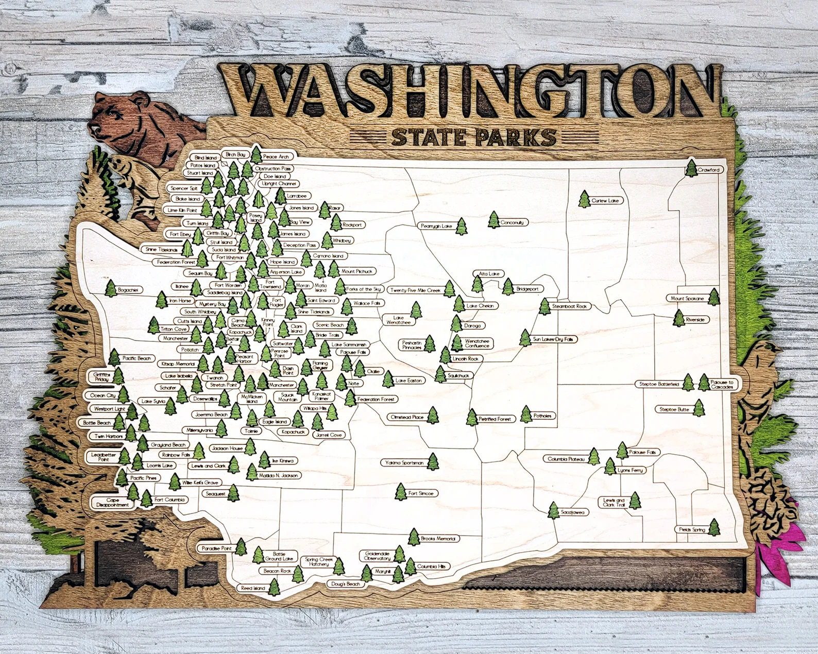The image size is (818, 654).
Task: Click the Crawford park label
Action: pyautogui.click(x=708, y=169)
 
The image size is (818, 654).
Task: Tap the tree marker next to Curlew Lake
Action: pyautogui.click(x=584, y=198)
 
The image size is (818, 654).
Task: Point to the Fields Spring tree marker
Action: pyautogui.click(x=714, y=527)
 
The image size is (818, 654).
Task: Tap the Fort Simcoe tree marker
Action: pyautogui.click(x=400, y=492)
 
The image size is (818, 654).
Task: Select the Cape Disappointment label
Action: pyautogui.click(x=109, y=503)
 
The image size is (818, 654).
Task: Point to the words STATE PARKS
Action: pyautogui.click(x=474, y=137)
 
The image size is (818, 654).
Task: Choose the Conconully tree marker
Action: pyautogui.click(x=494, y=220)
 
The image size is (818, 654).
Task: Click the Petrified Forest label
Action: pyautogui.click(x=495, y=419)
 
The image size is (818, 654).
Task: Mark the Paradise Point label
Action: pyautogui.click(x=215, y=547)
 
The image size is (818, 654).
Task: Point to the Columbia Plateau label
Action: pyautogui.click(x=567, y=458)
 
